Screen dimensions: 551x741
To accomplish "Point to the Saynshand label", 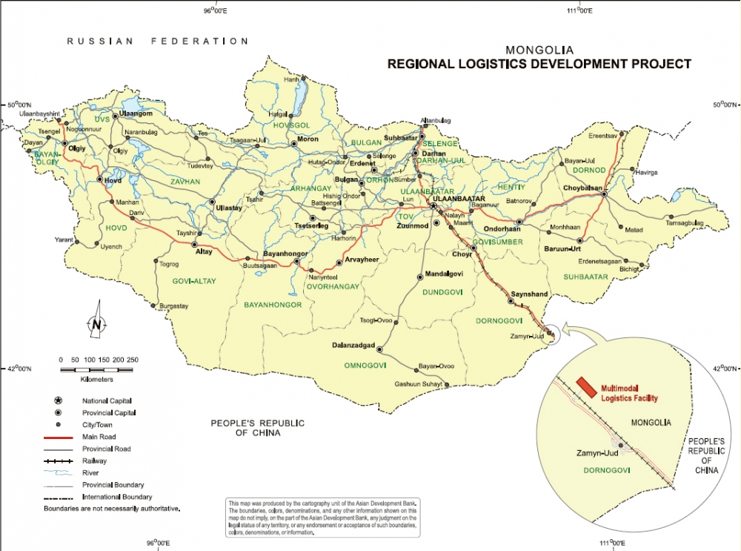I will [529, 294].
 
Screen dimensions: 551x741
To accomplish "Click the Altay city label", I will [203, 252].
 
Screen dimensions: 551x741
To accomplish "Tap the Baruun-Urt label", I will [562, 249].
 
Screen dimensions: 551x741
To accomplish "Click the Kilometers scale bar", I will [97, 369].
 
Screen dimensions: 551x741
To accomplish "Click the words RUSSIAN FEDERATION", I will [156, 42].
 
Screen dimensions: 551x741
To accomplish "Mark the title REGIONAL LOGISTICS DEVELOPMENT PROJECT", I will [539, 64].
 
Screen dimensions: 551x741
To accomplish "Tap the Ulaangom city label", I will [136, 113].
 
